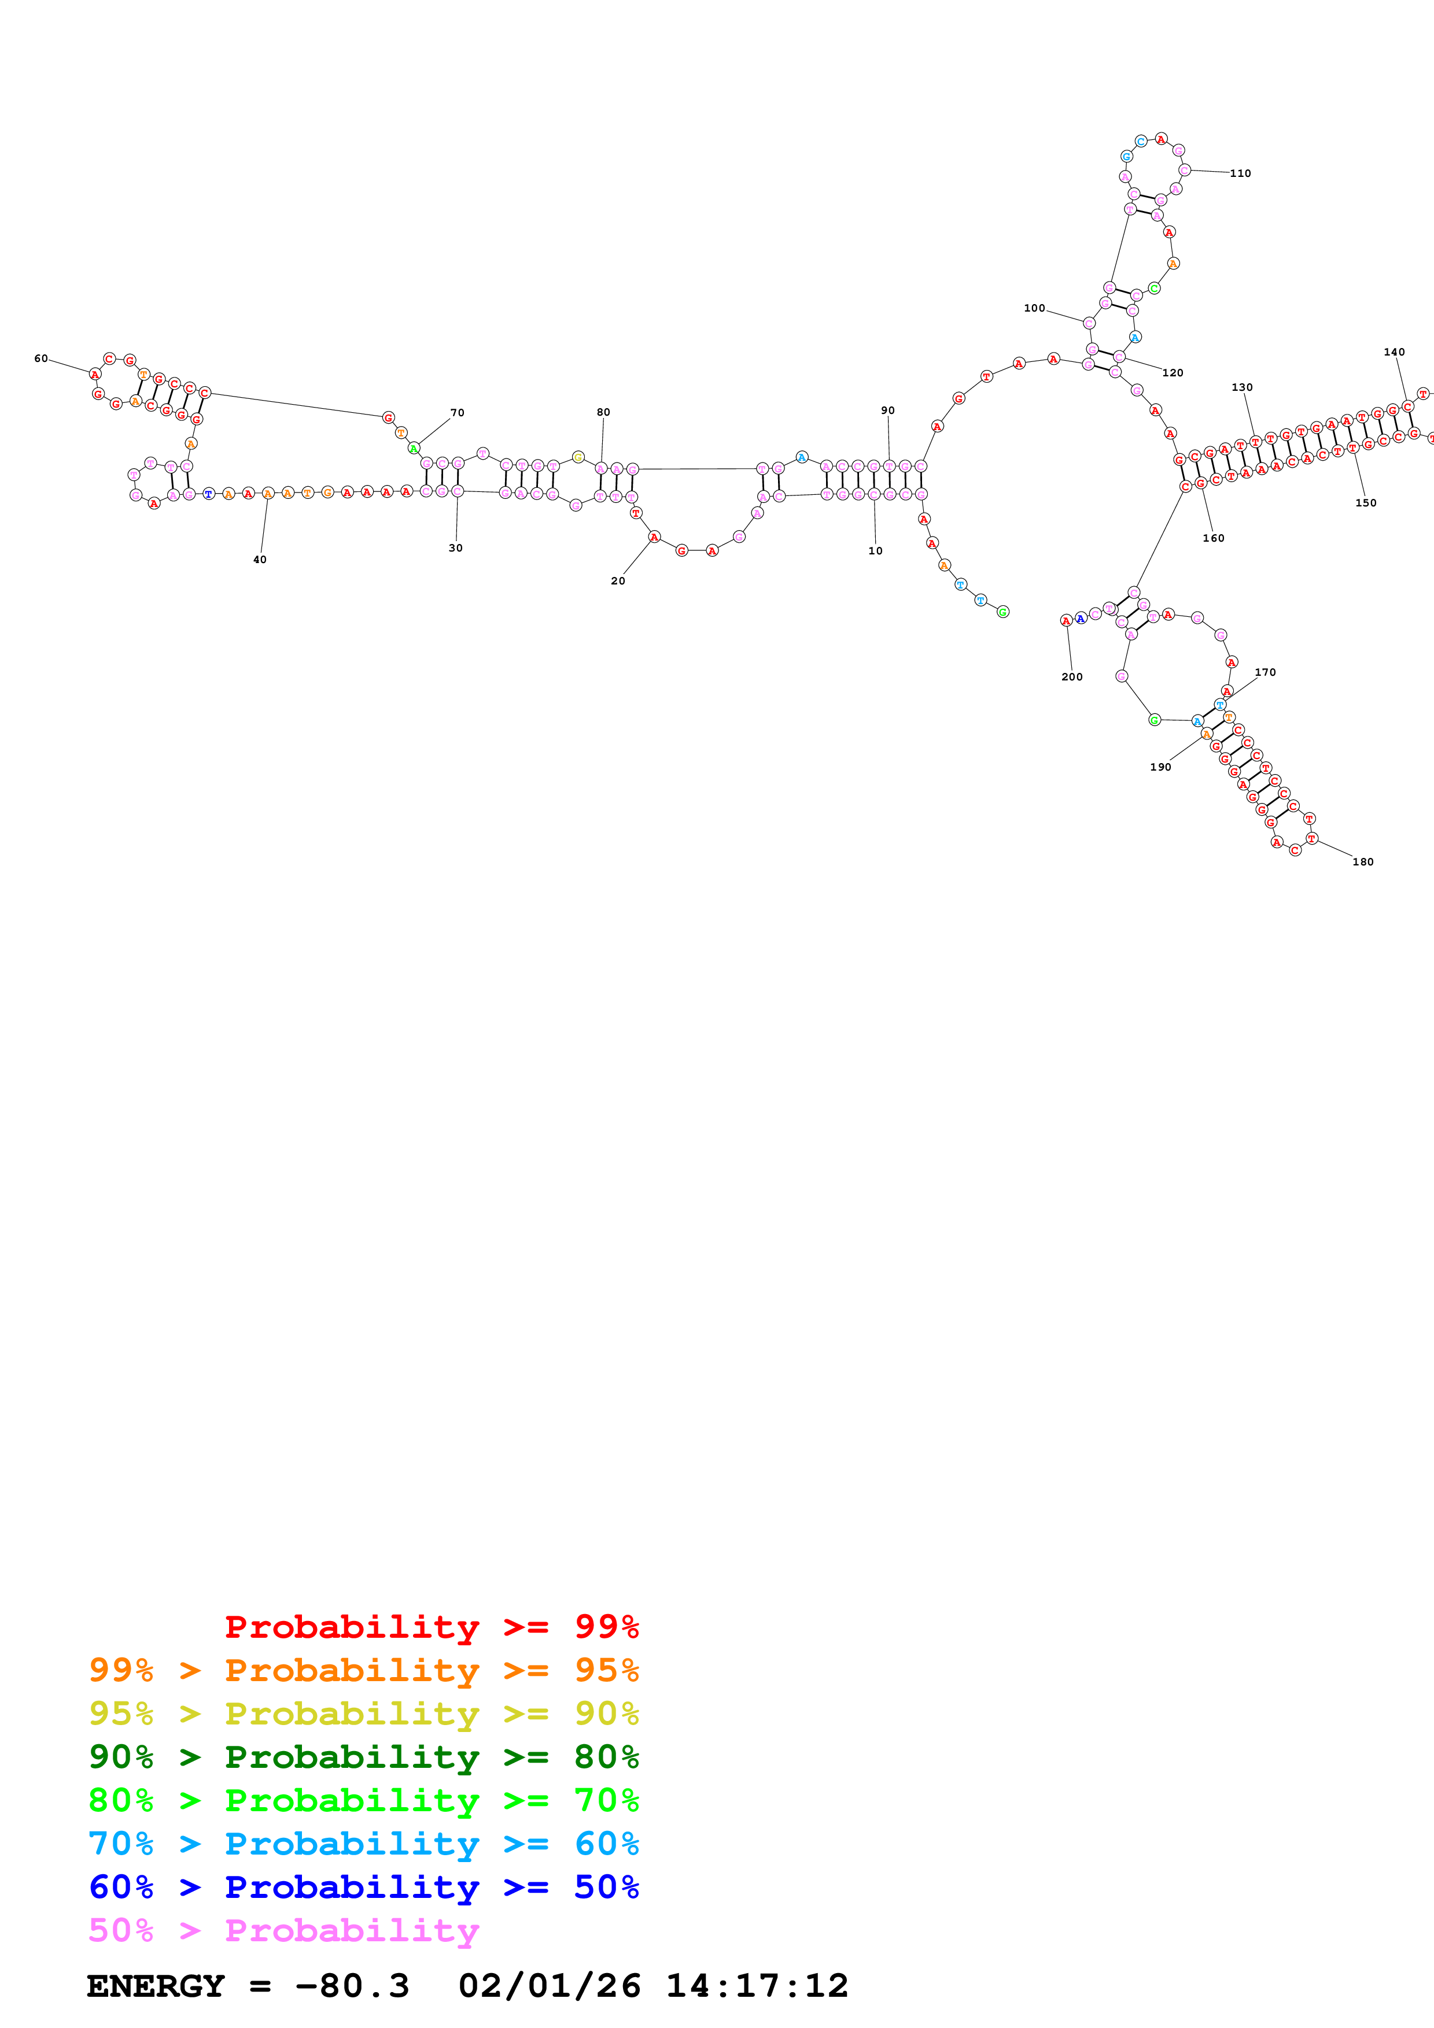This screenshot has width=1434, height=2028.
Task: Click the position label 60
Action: pyautogui.click(x=40, y=358)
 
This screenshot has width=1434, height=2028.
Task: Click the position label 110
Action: pyautogui.click(x=1240, y=173)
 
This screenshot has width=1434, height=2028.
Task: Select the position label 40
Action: pyautogui.click(x=260, y=559)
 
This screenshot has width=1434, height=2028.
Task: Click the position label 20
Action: pyautogui.click(x=618, y=580)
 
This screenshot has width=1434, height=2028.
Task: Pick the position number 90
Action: pyautogui.click(x=887, y=410)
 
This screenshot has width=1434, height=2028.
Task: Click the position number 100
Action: pyautogui.click(x=1034, y=308)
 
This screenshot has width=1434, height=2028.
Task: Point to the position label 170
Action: pyautogui.click(x=1265, y=672)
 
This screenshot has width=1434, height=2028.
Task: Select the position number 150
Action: pyautogui.click(x=1365, y=502)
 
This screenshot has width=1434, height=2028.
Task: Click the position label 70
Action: pyautogui.click(x=457, y=413)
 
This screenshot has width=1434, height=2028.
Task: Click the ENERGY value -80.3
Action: pyautogui.click(x=352, y=1986)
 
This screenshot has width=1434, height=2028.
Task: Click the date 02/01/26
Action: pyautogui.click(x=549, y=1986)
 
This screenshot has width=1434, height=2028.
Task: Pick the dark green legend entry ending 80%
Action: pyautogui.click(x=363, y=1757)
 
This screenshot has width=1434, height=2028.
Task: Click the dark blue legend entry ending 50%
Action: pyautogui.click(x=363, y=1887)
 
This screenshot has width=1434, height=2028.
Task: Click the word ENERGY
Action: pyautogui.click(x=156, y=1986)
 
